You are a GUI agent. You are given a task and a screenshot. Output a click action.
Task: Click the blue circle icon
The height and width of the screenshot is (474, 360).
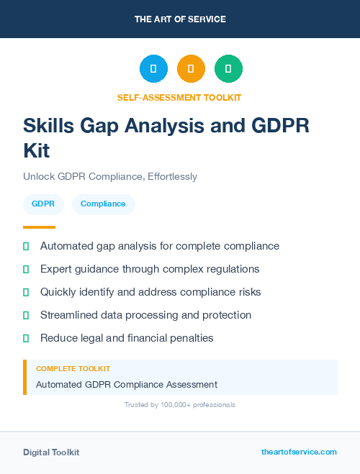[x=153, y=69]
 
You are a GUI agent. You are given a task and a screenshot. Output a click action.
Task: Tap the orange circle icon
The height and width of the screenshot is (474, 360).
[x=191, y=69]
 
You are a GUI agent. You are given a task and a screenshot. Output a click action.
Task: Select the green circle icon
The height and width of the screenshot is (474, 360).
[x=228, y=69]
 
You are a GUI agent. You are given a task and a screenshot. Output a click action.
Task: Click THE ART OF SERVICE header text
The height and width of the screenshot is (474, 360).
[x=180, y=19]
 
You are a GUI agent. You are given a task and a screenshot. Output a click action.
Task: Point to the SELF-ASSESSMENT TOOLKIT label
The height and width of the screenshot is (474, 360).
[x=179, y=97]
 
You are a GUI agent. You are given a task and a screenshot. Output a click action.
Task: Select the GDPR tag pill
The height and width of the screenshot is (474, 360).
[x=43, y=204]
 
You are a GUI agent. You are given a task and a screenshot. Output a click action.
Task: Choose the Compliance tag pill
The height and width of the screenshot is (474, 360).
[x=103, y=204]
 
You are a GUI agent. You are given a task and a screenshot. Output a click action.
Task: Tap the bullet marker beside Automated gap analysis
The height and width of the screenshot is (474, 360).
[x=26, y=246]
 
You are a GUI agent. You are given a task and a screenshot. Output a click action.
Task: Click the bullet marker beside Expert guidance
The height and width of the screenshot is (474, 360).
[x=26, y=269]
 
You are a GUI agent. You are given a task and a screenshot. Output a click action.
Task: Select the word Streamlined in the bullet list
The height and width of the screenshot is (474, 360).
[x=68, y=315]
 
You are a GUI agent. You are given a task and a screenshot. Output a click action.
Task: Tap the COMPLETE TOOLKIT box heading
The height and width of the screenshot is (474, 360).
[x=73, y=368]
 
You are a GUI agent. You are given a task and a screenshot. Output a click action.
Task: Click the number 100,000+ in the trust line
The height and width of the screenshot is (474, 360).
[x=174, y=405]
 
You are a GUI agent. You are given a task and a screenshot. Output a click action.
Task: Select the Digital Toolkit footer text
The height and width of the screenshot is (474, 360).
[x=51, y=452]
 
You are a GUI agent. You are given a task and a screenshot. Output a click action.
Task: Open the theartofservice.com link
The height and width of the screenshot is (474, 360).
[x=299, y=452]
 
